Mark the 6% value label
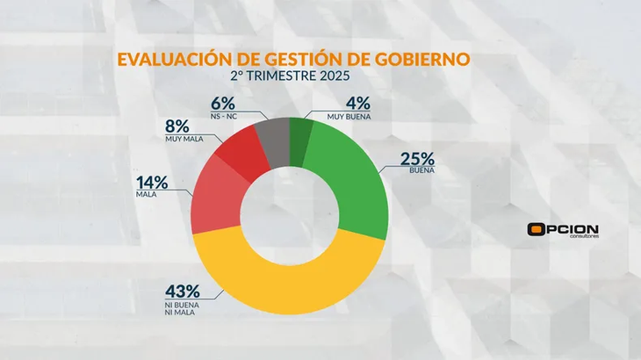[224, 102]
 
